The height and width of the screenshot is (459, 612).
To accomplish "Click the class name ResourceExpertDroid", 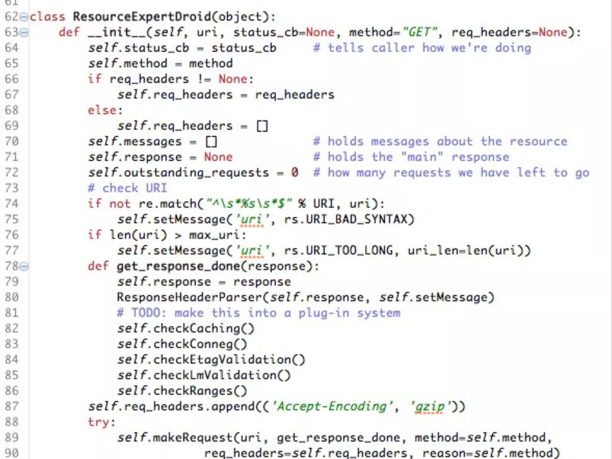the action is click(x=142, y=17).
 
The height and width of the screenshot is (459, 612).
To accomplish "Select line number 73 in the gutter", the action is click(x=12, y=188).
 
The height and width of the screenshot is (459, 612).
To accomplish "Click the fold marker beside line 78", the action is click(x=24, y=266).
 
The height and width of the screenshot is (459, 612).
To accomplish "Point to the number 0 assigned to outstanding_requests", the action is click(x=295, y=172).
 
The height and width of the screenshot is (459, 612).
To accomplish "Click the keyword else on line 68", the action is click(x=102, y=110).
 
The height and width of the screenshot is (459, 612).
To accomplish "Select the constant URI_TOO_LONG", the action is click(x=349, y=250).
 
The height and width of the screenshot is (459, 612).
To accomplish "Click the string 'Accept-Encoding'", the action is click(x=332, y=407).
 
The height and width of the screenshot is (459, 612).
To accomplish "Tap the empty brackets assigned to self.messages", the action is click(x=211, y=141).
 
